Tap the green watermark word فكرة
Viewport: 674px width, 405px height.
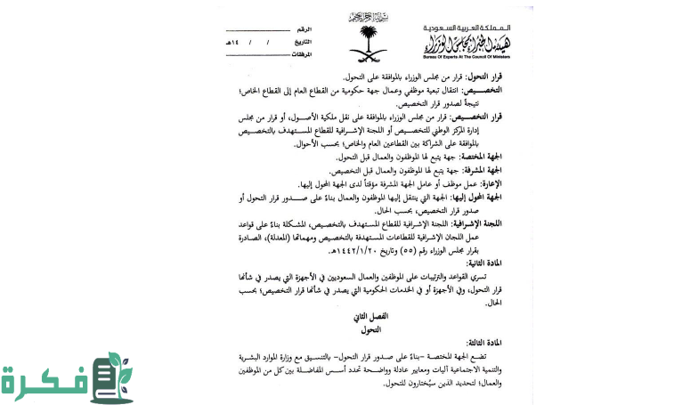click(45, 379)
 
